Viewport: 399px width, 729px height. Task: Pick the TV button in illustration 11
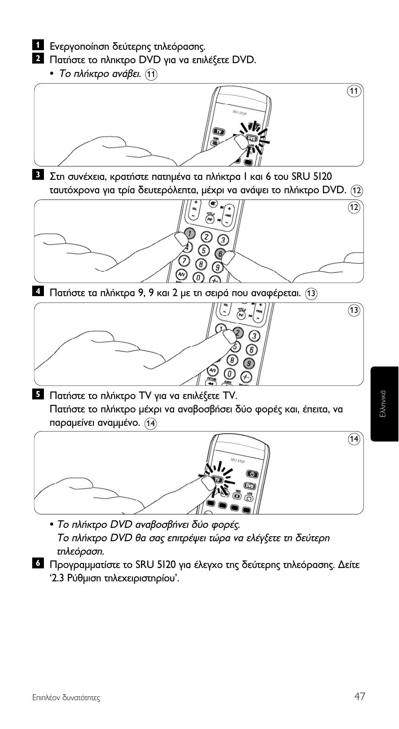[x=219, y=132]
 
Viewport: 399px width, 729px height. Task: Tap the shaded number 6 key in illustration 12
[x=220, y=253]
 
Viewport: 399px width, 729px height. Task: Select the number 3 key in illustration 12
[x=223, y=240]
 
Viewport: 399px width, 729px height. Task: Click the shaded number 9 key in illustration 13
[x=249, y=363]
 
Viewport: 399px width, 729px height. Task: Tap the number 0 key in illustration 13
[x=230, y=373]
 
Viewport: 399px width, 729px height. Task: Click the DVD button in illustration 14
[x=250, y=486]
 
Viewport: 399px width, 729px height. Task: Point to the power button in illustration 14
[x=252, y=474]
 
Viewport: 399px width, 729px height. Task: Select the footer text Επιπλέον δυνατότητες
[x=66, y=698]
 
